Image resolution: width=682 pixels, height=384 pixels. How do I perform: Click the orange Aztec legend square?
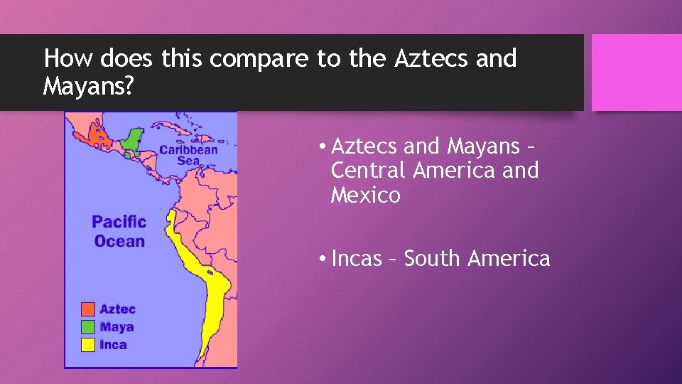88,309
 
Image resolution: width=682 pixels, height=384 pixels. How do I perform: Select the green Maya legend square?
88,327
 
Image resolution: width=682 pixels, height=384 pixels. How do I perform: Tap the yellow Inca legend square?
88,345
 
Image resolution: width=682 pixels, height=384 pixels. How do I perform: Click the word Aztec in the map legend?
117,309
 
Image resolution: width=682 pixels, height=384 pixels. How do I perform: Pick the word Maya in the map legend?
117,327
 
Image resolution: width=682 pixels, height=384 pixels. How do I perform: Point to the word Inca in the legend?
114,345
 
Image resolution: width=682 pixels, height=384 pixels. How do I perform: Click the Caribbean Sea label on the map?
188,155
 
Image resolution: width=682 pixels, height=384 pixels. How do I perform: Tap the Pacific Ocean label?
119,231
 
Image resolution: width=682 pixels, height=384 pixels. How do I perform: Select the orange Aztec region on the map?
97,133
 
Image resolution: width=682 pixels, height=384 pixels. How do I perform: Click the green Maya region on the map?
131,139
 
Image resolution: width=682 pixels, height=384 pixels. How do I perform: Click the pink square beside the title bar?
637,73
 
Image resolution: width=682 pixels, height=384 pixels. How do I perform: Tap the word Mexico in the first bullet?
365,195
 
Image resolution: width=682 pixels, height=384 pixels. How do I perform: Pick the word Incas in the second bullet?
357,258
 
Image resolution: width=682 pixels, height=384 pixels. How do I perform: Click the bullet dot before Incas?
323,258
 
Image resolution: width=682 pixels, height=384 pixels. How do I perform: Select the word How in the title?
64,58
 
